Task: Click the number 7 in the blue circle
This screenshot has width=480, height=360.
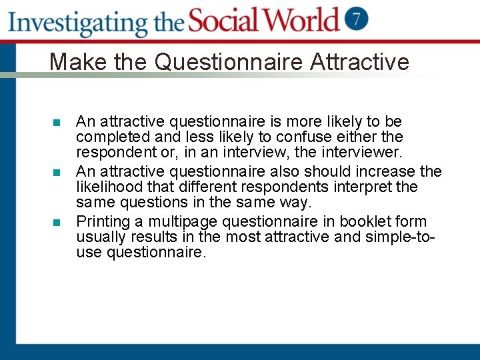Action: tap(357, 19)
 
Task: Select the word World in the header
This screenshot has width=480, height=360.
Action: tap(301, 20)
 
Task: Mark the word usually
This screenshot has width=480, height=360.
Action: tap(101, 237)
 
